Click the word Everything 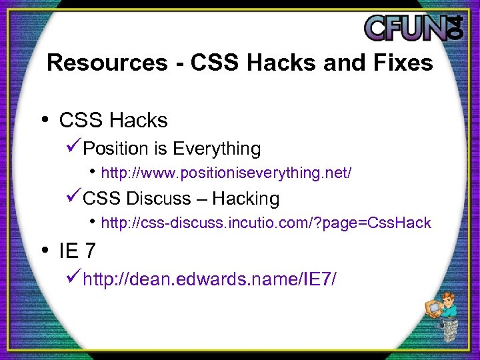pos(216,148)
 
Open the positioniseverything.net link pos(226,173)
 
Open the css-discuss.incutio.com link pos(265,223)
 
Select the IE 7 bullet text pos(77,251)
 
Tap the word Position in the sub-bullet pos(118,148)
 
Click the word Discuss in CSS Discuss pos(157,199)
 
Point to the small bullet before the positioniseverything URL pos(93,172)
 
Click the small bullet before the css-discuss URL pos(93,221)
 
